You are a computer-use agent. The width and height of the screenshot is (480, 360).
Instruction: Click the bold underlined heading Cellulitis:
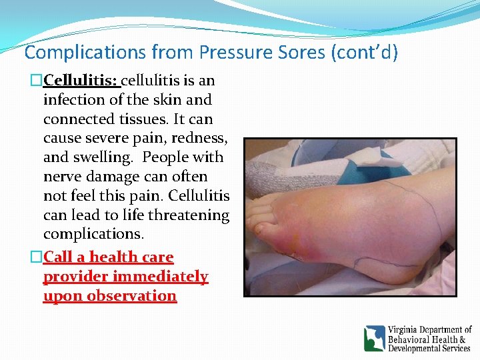[81, 81]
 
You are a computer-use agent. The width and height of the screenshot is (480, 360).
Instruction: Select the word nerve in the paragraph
[62, 177]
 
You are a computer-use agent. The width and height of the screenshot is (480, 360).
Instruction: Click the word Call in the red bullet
[59, 257]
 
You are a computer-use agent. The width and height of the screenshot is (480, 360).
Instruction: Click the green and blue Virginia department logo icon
[374, 338]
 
